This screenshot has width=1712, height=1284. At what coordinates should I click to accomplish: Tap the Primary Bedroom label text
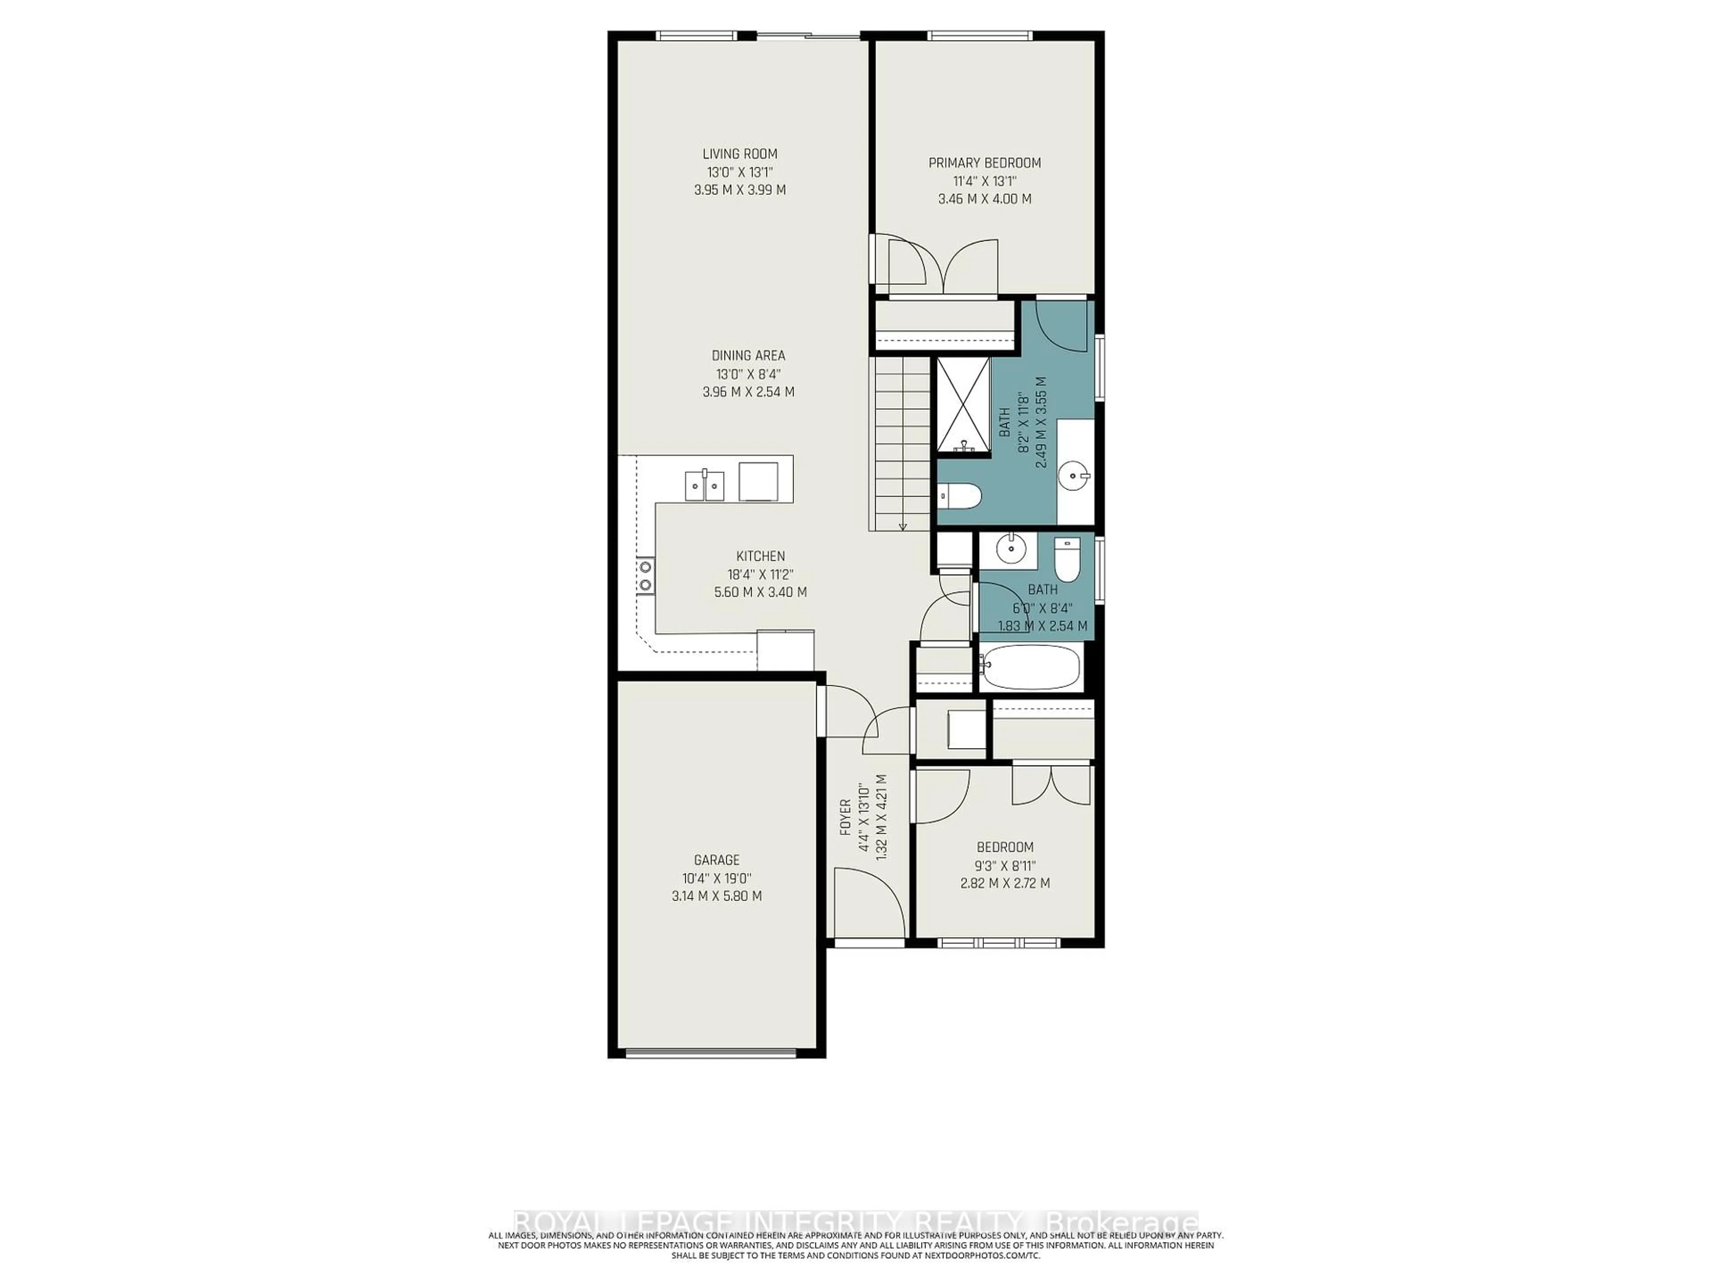pyautogui.click(x=984, y=163)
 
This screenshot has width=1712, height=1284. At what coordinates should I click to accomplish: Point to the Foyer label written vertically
pyautogui.click(x=845, y=817)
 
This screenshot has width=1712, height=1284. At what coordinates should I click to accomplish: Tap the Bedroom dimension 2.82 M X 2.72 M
pyautogui.click(x=1004, y=883)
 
